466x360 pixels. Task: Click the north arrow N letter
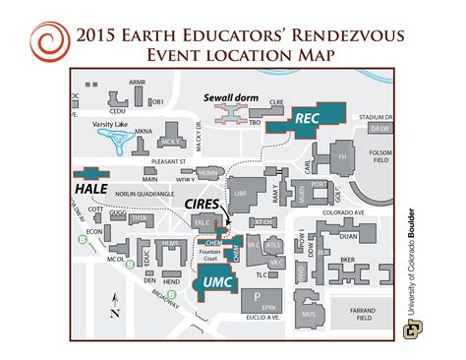pos(115,314)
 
